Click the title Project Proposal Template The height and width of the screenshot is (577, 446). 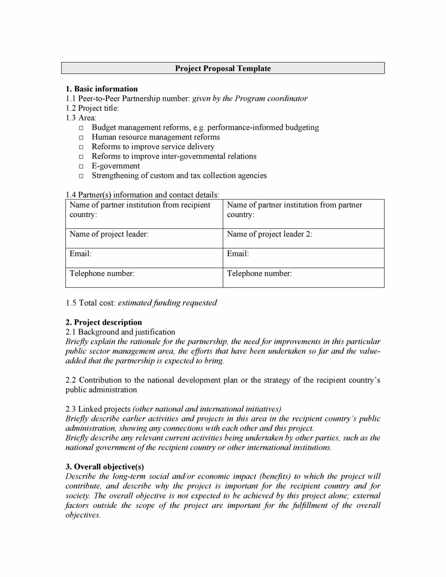click(x=223, y=68)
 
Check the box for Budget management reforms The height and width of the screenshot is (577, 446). click(x=81, y=128)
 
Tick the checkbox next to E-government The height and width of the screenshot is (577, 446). click(x=81, y=166)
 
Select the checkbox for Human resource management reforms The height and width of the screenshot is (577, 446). click(x=81, y=137)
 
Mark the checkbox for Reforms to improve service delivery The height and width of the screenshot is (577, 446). click(x=81, y=147)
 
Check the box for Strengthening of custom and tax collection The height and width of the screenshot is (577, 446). click(x=81, y=176)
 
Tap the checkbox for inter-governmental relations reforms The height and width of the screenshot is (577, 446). click(x=81, y=157)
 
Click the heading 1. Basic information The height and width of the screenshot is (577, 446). click(x=101, y=89)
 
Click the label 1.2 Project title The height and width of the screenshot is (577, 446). click(x=92, y=108)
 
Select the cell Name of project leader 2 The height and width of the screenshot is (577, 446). click(x=303, y=238)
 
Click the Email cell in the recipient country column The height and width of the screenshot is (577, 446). click(x=144, y=258)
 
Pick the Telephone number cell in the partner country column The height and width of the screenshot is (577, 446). click(x=303, y=277)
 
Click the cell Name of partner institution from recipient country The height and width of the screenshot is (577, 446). click(x=144, y=214)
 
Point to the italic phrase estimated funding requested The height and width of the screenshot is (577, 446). click(x=167, y=303)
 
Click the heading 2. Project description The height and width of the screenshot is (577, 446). click(x=104, y=322)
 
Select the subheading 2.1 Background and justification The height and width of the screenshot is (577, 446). click(x=120, y=332)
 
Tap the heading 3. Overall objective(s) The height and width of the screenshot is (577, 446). click(x=105, y=467)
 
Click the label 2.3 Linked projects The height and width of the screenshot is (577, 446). click(x=98, y=409)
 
